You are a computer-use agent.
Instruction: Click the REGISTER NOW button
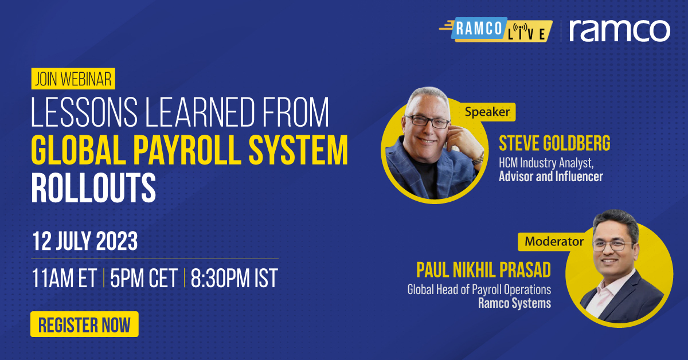pyautogui.click(x=84, y=324)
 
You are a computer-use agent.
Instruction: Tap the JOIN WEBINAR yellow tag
pyautogui.click(x=73, y=79)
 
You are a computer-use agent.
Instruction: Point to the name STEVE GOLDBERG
pyautogui.click(x=554, y=143)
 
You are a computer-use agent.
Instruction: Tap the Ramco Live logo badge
pyautogui.click(x=496, y=30)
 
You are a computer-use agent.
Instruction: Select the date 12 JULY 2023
pyautogui.click(x=84, y=241)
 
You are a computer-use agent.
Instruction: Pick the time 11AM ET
pyautogui.click(x=64, y=279)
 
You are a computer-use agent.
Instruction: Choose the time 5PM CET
pyautogui.click(x=143, y=279)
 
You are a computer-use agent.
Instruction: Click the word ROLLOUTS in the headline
pyautogui.click(x=93, y=187)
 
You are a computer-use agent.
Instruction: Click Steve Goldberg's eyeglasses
pyautogui.click(x=429, y=120)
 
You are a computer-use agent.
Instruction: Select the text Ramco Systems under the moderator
pyautogui.click(x=514, y=303)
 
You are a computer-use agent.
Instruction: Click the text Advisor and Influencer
pyautogui.click(x=550, y=177)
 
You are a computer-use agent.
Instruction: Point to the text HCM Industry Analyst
pyautogui.click(x=543, y=163)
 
